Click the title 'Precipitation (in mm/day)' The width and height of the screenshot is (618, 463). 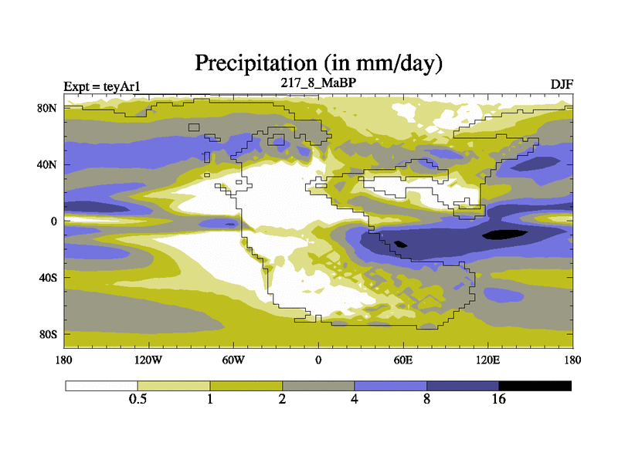coord(317,62)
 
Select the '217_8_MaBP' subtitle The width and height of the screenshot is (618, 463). coord(317,81)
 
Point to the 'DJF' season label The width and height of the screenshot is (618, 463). coord(562,84)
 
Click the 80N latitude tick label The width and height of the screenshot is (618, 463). coord(48,108)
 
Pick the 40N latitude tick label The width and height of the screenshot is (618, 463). coord(48,164)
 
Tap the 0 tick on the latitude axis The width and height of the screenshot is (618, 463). coord(54,221)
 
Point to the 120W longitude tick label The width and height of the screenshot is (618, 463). coord(148,360)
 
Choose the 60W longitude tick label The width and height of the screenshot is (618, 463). coord(233,360)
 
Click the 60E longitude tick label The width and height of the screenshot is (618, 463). coord(402,360)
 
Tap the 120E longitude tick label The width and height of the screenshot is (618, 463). coord(487,360)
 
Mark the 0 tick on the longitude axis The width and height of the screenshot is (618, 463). coord(318,360)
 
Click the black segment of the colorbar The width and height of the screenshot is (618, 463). coord(535,385)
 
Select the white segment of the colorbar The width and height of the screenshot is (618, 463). coord(101,385)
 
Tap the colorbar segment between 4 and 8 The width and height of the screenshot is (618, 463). coord(390,385)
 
